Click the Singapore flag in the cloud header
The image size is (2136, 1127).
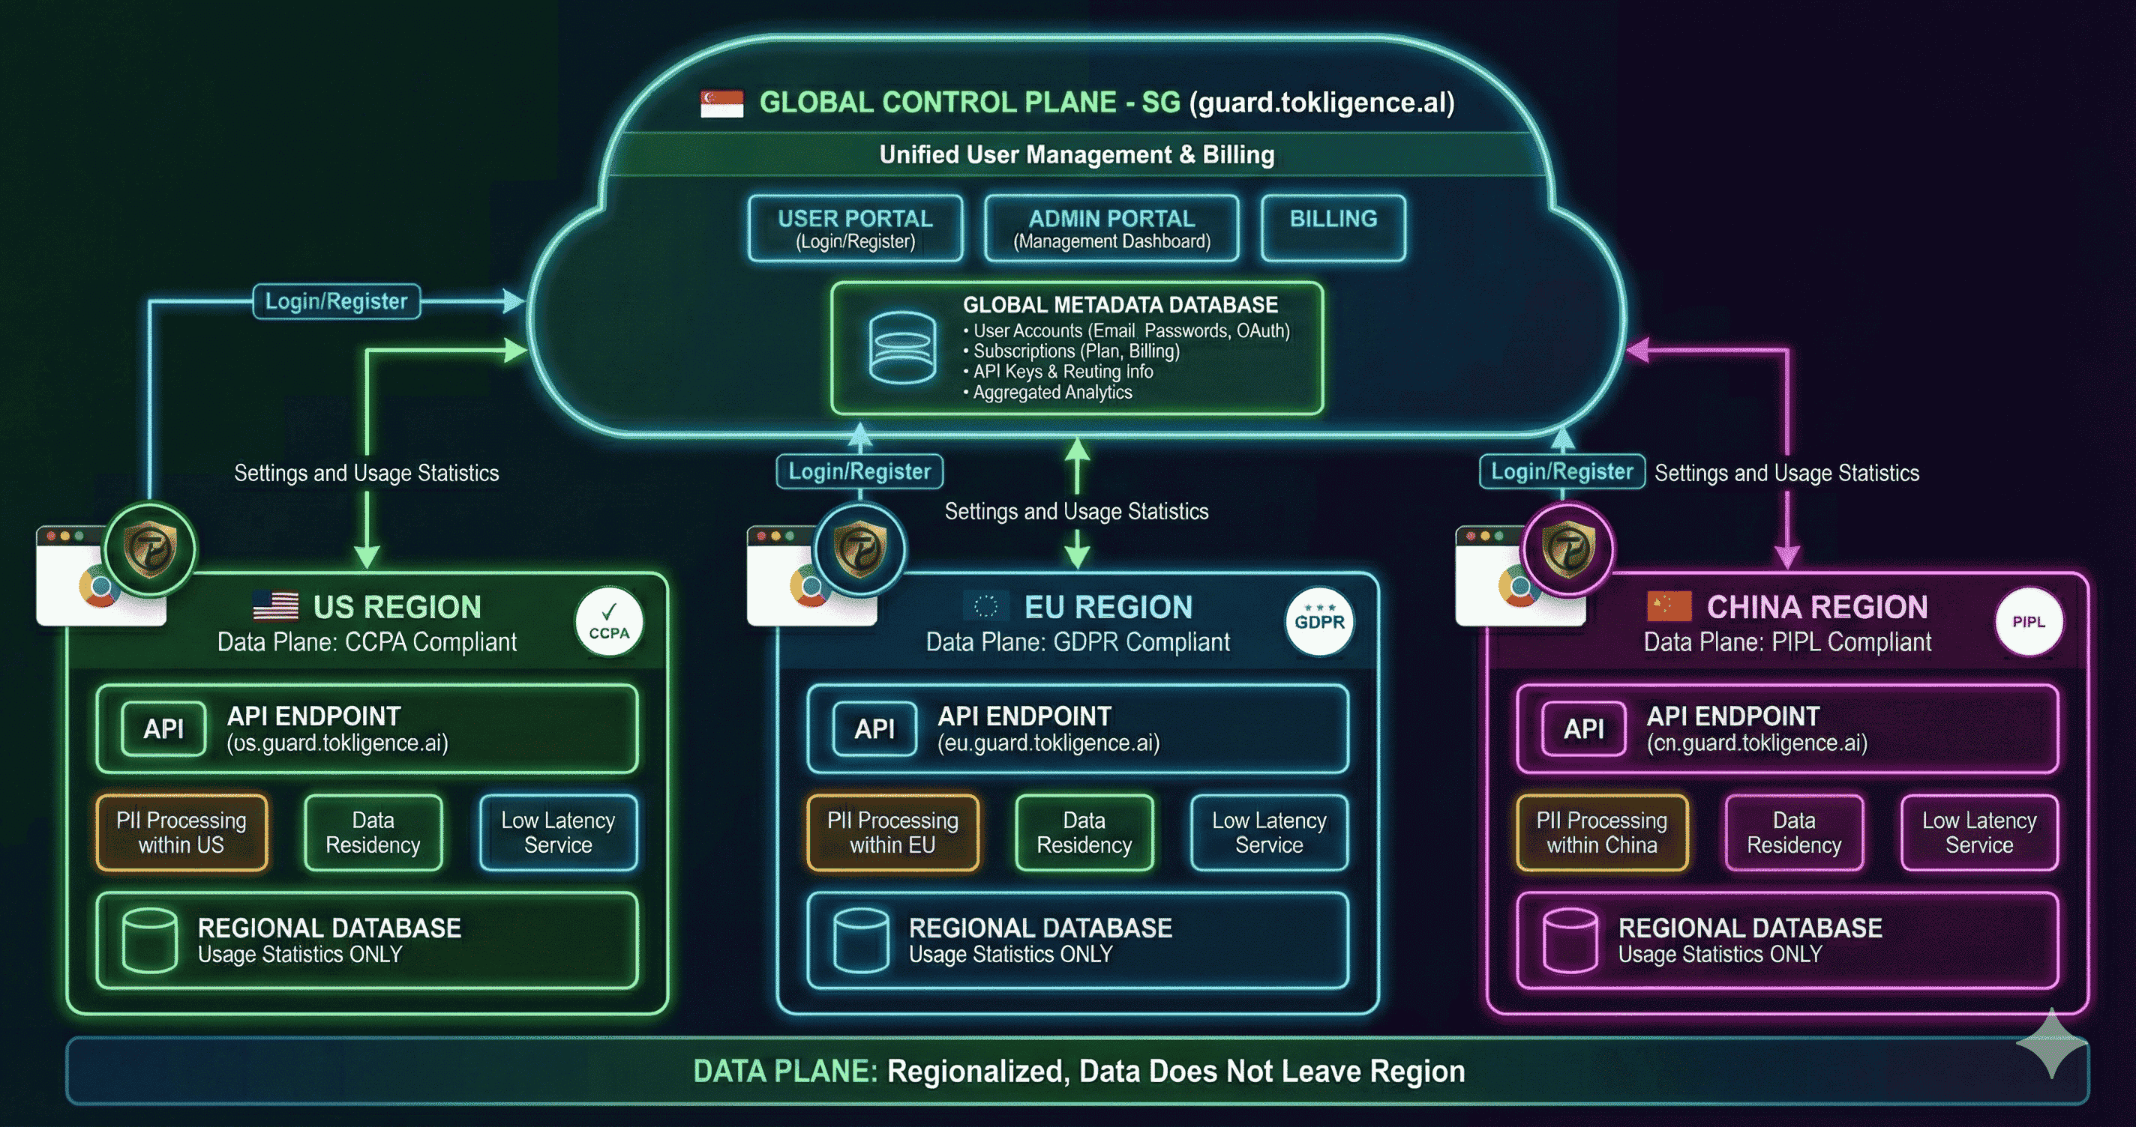click(x=721, y=103)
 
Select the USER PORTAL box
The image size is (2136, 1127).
click(x=855, y=229)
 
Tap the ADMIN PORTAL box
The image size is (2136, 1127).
click(x=1111, y=229)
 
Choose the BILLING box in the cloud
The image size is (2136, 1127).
click(x=1333, y=227)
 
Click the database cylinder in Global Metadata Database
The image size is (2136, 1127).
click(x=902, y=348)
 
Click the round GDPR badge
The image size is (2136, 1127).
click(x=1319, y=621)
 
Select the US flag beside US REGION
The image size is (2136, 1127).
click(x=276, y=607)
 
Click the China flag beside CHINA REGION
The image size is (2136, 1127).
click(x=1668, y=607)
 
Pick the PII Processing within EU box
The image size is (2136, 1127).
click(x=892, y=833)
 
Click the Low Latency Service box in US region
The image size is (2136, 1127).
click(x=558, y=833)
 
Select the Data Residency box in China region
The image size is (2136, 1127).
click(x=1793, y=833)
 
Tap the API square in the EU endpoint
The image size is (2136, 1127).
click(x=874, y=729)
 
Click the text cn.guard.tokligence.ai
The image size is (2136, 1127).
click(x=1757, y=743)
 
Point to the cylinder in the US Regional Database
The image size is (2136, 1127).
click(x=149, y=940)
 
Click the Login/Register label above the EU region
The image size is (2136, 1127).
click(x=859, y=471)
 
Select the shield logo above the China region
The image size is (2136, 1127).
click(x=1567, y=549)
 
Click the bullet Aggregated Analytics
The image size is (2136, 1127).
click(x=1051, y=393)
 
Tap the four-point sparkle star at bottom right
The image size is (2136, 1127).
click(x=2051, y=1043)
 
